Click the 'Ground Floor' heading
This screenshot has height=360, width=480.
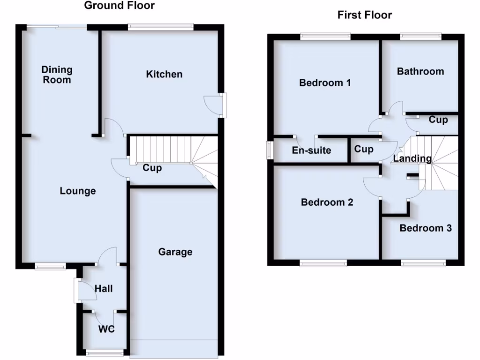click(119, 6)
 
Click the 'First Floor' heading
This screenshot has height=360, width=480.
click(364, 15)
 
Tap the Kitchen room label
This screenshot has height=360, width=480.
click(164, 74)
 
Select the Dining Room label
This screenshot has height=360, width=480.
click(57, 75)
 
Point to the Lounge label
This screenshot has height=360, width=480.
click(78, 191)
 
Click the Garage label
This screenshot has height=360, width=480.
click(175, 252)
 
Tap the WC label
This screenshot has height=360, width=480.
click(106, 329)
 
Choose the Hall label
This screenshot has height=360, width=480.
click(104, 289)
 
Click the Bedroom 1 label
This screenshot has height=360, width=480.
click(325, 83)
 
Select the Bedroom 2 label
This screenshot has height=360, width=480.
click(327, 202)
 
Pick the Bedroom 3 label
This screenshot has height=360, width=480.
click(426, 228)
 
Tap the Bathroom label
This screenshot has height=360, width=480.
click(420, 71)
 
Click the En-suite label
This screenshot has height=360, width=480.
click(311, 150)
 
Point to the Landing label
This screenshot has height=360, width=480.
click(412, 158)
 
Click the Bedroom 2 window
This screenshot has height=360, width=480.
click(323, 264)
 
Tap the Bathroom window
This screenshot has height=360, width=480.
click(420, 35)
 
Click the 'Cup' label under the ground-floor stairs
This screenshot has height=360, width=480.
click(152, 168)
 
